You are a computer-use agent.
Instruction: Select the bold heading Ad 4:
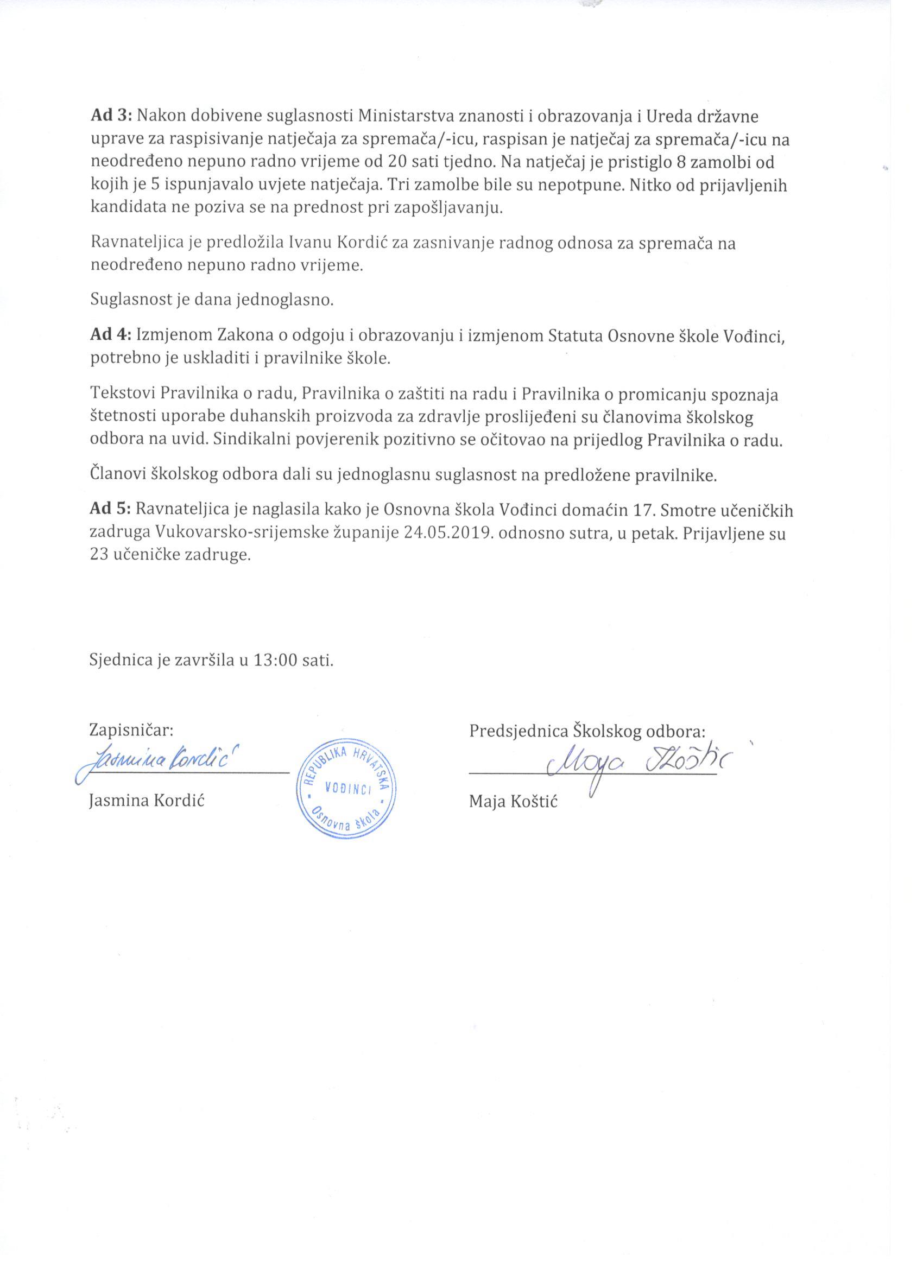pos(110,337)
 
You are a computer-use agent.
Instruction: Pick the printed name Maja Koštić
pos(513,802)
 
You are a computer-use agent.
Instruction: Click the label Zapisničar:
pos(131,731)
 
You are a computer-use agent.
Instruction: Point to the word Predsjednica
pos(518,731)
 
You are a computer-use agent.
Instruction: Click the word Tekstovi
pos(123,395)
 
